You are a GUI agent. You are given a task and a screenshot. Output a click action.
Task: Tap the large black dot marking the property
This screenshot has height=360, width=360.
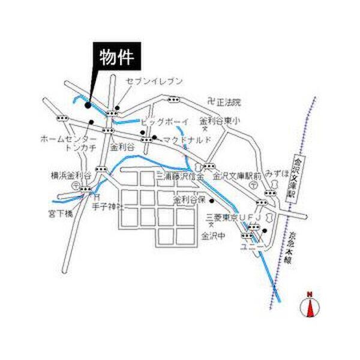pyautogui.click(x=88, y=105)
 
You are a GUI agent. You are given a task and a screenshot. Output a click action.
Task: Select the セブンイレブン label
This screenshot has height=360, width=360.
pyautogui.click(x=153, y=80)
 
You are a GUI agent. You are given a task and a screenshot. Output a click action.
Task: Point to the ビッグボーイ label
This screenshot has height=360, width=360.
pyautogui.click(x=164, y=122)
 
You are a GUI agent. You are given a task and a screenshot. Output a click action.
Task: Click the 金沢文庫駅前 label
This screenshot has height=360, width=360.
pyautogui.click(x=236, y=176)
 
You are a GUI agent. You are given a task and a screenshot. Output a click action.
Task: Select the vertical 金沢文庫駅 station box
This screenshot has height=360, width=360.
pyautogui.click(x=294, y=179)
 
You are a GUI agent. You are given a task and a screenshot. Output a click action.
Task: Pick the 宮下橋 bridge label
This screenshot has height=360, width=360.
pyautogui.click(x=61, y=212)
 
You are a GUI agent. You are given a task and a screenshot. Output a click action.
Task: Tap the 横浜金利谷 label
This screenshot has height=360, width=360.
pyautogui.click(x=70, y=176)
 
